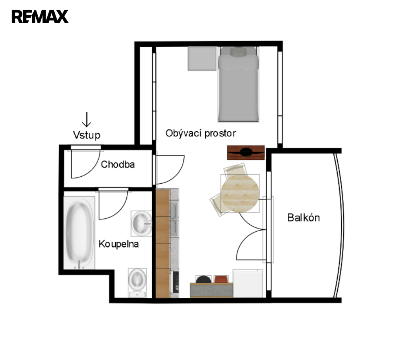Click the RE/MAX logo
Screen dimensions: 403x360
coord(40,17)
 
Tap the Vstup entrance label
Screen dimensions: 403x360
coord(87,135)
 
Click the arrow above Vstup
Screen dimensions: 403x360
coord(87,120)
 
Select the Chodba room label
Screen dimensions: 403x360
coord(118,164)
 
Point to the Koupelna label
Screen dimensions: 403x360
coord(119,244)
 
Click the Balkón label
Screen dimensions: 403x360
coord(303,218)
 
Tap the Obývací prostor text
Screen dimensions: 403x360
coord(201,133)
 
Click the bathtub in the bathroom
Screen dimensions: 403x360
coord(79,233)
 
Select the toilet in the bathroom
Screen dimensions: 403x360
coord(137,282)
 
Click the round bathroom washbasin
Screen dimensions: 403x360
coord(141,223)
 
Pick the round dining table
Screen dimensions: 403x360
coord(240,194)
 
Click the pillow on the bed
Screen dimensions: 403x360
coord(238,52)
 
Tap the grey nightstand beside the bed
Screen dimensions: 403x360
coord(202,59)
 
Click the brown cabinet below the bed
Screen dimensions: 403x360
coord(246,153)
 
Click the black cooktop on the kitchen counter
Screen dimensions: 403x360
coord(176,282)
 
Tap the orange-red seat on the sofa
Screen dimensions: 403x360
coord(221,279)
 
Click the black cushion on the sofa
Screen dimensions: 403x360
coord(203,279)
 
